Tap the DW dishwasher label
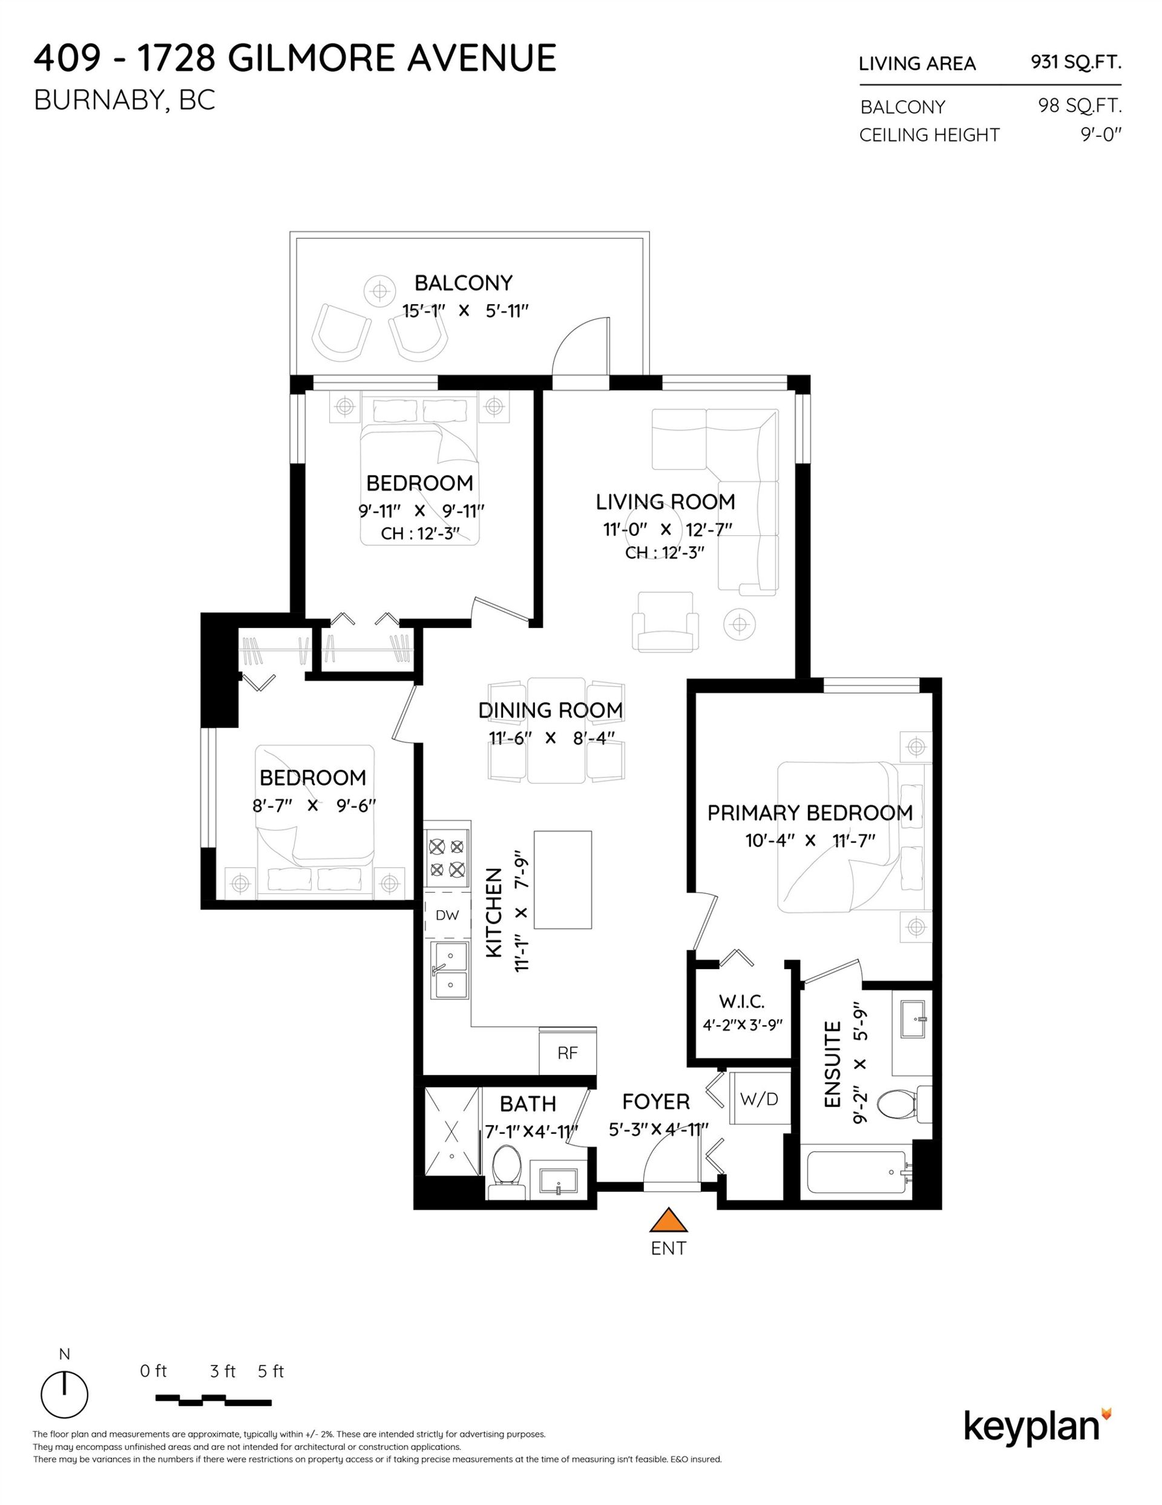tap(447, 915)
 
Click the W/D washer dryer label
tap(759, 1099)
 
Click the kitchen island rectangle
tap(562, 880)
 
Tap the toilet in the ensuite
tap(905, 1104)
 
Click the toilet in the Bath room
tap(508, 1174)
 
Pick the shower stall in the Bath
tap(451, 1132)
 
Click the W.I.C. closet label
tap(742, 1001)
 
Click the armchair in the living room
tap(665, 621)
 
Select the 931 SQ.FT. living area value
tap(1075, 62)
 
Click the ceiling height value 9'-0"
tap(1100, 134)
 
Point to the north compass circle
tap(64, 1394)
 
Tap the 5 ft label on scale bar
tap(271, 1371)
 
